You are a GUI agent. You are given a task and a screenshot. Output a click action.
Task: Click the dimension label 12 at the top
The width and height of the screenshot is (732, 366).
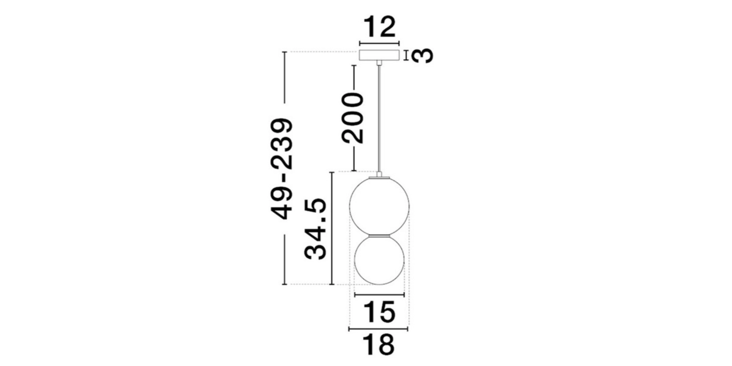pos(379,27)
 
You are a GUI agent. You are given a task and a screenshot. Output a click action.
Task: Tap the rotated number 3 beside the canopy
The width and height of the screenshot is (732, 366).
pos(422,55)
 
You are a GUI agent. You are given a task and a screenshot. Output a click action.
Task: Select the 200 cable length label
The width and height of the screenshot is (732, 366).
pos(353,117)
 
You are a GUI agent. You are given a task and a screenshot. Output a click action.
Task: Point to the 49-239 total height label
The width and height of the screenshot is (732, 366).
pos(282,168)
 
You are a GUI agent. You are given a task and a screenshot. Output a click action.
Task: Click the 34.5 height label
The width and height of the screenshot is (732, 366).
pos(316,229)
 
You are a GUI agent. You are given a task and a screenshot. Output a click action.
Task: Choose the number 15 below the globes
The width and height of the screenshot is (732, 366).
pos(379,312)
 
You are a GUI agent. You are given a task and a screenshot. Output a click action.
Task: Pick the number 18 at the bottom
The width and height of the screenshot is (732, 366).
pos(379,345)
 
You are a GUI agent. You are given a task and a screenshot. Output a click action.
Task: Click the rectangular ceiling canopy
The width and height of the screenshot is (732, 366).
pos(379,55)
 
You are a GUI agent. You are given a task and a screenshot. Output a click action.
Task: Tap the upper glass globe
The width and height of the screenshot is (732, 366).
pos(379,206)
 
